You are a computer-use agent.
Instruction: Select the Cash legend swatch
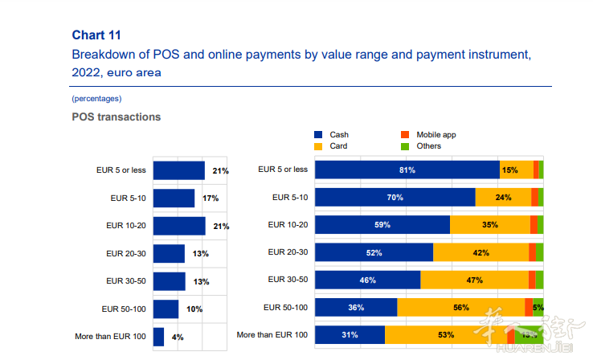(319, 135)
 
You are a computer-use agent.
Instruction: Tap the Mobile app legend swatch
(405, 135)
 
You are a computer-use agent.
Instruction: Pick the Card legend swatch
(319, 146)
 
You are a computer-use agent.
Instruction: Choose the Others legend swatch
(405, 146)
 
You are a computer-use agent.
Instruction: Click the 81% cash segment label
(407, 170)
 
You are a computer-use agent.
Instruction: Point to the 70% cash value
(395, 198)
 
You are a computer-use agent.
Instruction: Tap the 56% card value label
(461, 307)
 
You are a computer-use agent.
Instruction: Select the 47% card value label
(474, 280)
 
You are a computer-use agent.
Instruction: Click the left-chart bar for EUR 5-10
(174, 198)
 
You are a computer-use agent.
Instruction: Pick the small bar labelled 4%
(158, 337)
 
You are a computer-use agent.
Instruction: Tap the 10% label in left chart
(194, 309)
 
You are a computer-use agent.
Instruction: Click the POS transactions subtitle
(116, 117)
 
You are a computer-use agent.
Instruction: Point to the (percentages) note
(96, 98)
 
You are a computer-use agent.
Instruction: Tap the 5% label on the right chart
(538, 307)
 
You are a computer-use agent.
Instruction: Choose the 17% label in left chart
(211, 198)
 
